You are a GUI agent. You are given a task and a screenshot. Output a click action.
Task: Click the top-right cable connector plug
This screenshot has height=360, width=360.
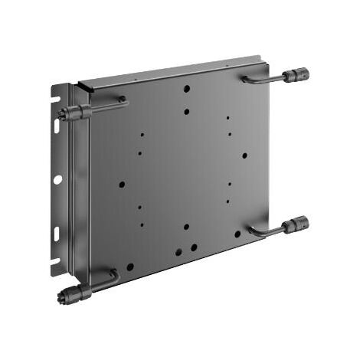(x=297, y=75)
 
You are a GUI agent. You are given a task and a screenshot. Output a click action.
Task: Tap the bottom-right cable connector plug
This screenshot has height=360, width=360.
(x=296, y=225)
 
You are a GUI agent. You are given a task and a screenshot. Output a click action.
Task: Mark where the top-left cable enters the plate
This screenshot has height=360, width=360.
(x=122, y=100)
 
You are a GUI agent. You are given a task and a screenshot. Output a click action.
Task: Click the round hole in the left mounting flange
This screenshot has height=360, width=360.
(x=57, y=179)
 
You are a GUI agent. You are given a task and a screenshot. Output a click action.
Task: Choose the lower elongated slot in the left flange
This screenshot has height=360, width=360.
(x=57, y=232)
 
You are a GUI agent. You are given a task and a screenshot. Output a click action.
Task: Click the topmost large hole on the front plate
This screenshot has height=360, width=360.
(x=187, y=89)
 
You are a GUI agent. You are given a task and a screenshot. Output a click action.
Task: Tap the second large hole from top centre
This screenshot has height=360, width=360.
(x=187, y=112)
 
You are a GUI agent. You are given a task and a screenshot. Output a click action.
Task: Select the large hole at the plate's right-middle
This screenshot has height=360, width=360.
(x=244, y=155)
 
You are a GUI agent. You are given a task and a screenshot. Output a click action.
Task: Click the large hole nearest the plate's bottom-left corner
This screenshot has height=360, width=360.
(x=130, y=267)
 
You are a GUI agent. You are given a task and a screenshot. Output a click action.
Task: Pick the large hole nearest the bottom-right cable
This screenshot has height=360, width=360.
(x=237, y=234)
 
